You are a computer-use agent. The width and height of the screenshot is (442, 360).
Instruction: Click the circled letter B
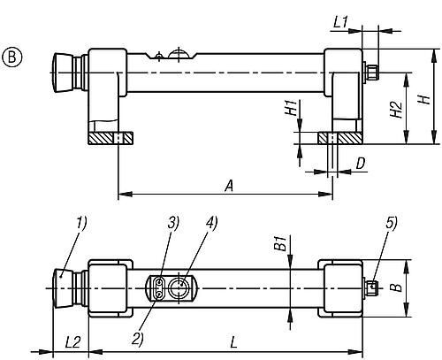(x=12, y=57)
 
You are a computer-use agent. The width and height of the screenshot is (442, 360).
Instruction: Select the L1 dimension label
(x=340, y=22)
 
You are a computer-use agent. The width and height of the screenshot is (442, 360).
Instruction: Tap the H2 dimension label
(x=397, y=109)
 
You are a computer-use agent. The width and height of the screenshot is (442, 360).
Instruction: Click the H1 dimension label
(x=291, y=107)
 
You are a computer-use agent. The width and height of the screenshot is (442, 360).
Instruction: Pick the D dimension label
(x=361, y=164)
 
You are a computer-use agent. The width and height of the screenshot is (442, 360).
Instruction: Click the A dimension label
(x=229, y=187)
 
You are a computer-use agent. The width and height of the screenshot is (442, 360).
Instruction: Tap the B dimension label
(x=398, y=287)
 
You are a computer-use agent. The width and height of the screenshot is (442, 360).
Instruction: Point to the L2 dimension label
(x=72, y=342)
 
